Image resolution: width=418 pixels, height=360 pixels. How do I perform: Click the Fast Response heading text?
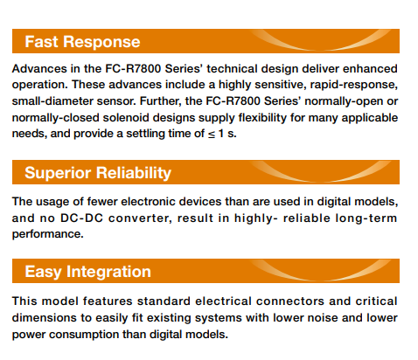pyautogui.click(x=82, y=42)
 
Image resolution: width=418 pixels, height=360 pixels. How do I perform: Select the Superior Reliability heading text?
pyautogui.click(x=98, y=173)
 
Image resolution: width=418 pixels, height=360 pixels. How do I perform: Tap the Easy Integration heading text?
pyautogui.click(x=87, y=272)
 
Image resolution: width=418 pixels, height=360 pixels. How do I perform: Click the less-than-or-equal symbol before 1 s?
pyautogui.click(x=212, y=135)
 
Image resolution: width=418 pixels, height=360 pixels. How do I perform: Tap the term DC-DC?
pyautogui.click(x=81, y=218)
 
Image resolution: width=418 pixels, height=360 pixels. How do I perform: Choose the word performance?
pyautogui.click(x=47, y=234)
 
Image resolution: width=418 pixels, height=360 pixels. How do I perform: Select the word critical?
pyautogui.click(x=376, y=301)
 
